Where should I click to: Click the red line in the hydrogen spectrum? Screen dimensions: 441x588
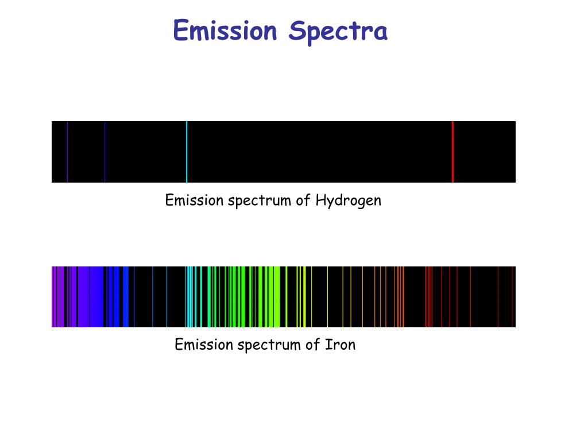452,152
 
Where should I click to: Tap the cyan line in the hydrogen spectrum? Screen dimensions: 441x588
187,152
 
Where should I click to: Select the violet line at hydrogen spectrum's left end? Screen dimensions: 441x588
67,152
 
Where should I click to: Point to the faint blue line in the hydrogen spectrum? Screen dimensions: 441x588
105,152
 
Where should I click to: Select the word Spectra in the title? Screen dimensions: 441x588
338,32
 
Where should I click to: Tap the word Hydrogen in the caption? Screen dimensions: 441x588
348,201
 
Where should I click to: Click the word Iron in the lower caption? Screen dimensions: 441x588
341,345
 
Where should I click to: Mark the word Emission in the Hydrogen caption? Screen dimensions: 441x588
194,200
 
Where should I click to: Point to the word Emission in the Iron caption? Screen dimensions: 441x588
203,345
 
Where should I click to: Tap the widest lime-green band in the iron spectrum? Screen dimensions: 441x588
277,297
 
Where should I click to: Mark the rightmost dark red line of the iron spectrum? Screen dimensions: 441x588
512,297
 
